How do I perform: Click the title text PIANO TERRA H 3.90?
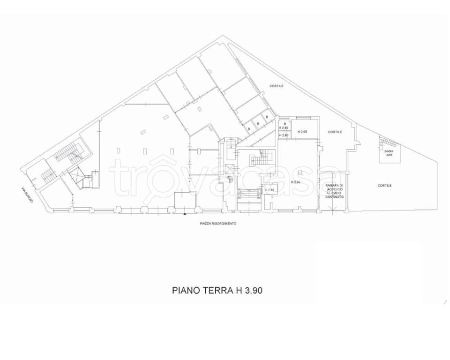[x=217, y=290]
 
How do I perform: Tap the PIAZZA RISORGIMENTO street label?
[x=218, y=224]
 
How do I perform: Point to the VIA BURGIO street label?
[x=27, y=195]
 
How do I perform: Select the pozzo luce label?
[x=389, y=152]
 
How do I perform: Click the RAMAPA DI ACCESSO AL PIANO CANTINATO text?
[x=335, y=191]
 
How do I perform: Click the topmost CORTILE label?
[x=276, y=86]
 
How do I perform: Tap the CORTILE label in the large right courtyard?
[x=384, y=186]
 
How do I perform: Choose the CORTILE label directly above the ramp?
[x=335, y=132]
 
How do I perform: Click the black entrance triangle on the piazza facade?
[x=185, y=213]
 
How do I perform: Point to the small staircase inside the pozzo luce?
[x=388, y=141]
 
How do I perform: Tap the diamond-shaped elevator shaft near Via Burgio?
[x=76, y=177]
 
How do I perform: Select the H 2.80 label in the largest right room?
[x=295, y=182]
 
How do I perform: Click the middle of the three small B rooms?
[x=258, y=123]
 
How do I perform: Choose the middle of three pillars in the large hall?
[x=145, y=150]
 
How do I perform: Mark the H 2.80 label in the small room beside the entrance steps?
[x=269, y=190]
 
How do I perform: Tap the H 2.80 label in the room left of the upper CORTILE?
[x=302, y=132]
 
